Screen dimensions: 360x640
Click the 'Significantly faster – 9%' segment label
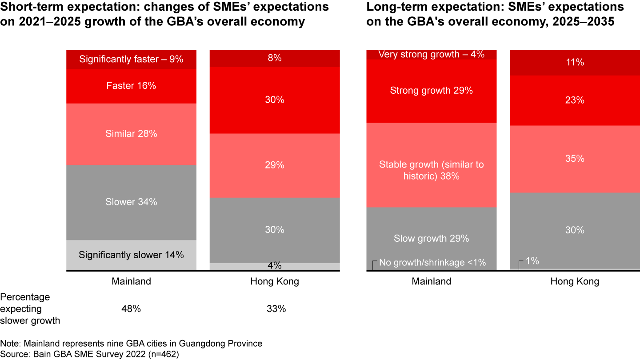coord(131,59)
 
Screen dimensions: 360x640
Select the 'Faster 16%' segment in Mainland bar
coord(131,86)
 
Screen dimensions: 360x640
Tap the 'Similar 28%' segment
coord(131,134)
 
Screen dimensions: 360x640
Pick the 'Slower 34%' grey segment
coord(131,202)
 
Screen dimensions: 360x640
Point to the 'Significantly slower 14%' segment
coord(131,255)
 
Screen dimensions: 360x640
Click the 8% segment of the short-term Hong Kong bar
coord(275,58)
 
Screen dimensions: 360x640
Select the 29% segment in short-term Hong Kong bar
coord(275,165)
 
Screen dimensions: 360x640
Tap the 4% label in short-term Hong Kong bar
coord(275,266)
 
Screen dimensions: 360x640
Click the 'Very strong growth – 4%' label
coord(431,55)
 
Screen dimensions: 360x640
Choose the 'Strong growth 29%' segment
coord(431,91)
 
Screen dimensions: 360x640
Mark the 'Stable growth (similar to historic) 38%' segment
coord(431,170)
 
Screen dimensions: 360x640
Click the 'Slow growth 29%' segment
coord(431,239)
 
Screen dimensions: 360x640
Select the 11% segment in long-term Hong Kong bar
coord(575,63)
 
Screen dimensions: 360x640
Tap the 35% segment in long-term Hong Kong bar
coord(575,159)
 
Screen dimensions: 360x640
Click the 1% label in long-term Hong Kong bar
coord(532,261)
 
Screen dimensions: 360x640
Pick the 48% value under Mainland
coord(131,309)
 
